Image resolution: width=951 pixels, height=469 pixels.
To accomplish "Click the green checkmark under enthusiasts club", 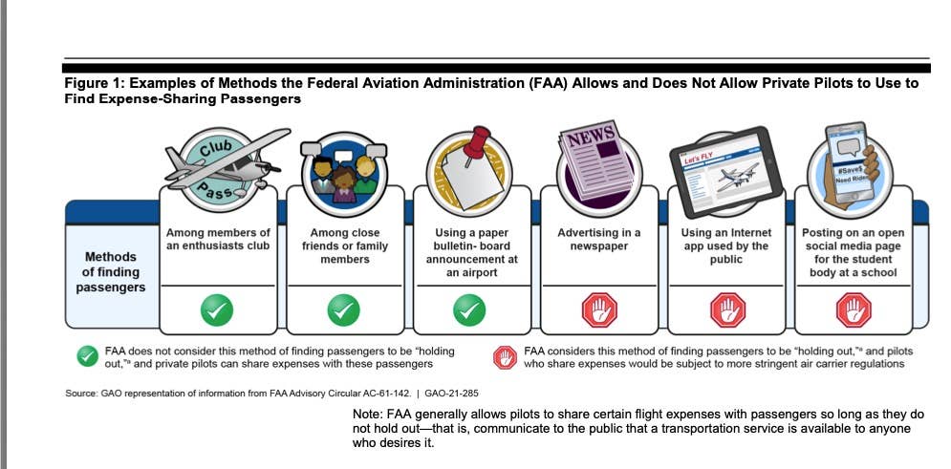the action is tap(217, 310).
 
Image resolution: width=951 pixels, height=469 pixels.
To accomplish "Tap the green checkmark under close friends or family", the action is tap(343, 310).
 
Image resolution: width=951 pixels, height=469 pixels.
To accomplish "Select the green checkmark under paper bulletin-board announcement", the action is tap(469, 310).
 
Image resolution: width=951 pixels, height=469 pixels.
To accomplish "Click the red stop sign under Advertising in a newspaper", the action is tap(599, 310).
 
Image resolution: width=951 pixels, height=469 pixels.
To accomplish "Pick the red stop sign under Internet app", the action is tap(727, 310).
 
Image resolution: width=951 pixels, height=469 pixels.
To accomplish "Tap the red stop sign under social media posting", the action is tap(854, 310).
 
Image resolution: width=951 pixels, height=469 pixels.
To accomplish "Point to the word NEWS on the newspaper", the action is tap(591, 137).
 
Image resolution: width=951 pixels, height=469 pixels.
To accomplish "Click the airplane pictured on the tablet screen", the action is tap(736, 177).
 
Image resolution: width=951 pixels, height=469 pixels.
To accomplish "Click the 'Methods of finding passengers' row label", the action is tap(111, 272).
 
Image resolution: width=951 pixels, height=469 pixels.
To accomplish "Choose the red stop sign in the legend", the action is tap(505, 357).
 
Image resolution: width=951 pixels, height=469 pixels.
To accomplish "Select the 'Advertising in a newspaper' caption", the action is tap(598, 240).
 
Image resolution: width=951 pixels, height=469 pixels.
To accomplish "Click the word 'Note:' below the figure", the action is tap(366, 416).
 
